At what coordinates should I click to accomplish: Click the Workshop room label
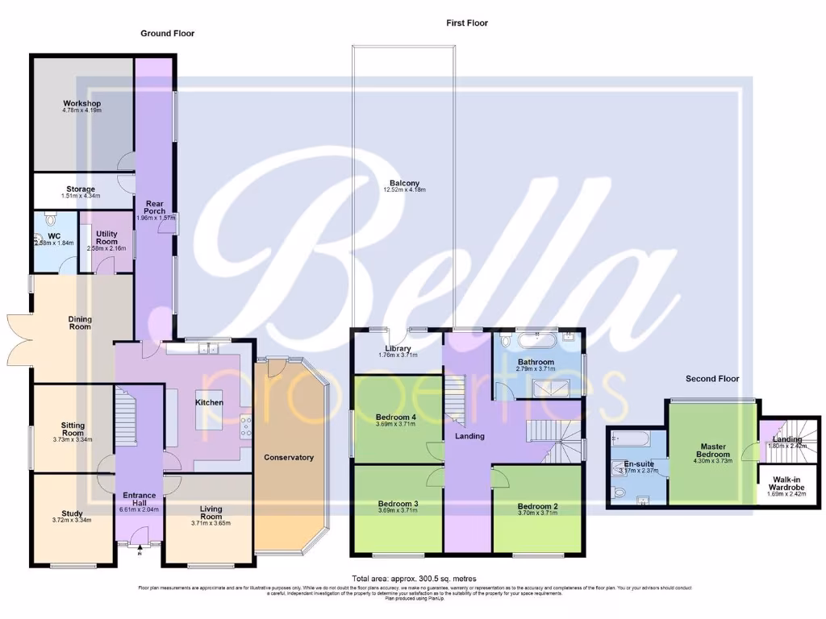[x=81, y=104]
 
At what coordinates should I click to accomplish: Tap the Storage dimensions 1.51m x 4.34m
[x=81, y=196]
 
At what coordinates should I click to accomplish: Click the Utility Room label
[x=106, y=237]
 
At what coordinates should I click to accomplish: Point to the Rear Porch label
[x=154, y=207]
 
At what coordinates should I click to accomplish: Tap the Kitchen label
[x=210, y=402]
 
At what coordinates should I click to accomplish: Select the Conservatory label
[x=289, y=457]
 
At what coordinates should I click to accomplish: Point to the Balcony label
[x=404, y=183]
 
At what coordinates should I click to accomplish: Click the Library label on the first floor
[x=398, y=348]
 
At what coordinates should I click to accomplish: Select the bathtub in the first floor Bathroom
[x=532, y=339]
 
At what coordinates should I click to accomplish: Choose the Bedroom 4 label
[x=395, y=417]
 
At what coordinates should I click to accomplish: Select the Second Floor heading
[x=712, y=378]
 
